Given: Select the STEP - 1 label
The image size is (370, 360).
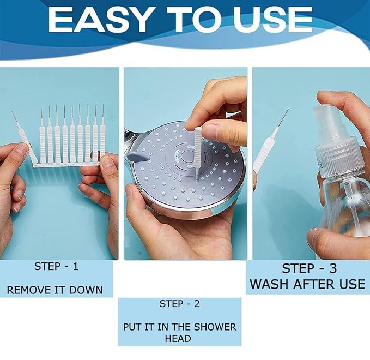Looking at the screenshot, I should [x=56, y=267].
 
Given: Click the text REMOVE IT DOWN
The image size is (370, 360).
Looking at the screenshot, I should [x=54, y=290].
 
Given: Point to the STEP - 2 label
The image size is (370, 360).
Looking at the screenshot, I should [x=179, y=303].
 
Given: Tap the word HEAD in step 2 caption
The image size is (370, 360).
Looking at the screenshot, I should [x=179, y=338].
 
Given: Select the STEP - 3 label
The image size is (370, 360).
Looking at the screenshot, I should [x=309, y=268].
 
